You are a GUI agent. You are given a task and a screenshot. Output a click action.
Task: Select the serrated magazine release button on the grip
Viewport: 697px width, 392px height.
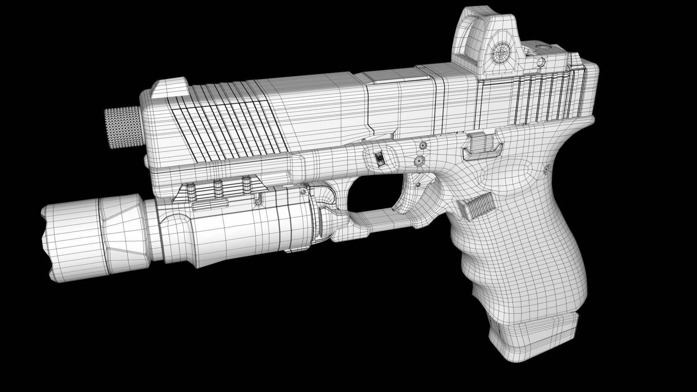point(477,207)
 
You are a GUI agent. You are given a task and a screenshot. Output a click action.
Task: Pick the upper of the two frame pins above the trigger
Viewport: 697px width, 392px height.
point(423,146)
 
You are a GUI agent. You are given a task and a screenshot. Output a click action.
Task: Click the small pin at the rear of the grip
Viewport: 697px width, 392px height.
point(546,168)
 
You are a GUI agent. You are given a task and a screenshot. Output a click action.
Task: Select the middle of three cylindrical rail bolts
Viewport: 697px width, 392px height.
point(218,189)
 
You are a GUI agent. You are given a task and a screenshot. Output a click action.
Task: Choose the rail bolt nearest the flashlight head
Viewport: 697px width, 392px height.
point(190,191)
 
